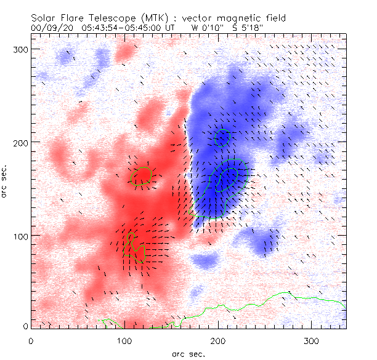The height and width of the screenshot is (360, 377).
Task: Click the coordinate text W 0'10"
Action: [205, 28]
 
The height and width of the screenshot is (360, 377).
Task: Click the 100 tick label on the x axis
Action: [124, 340]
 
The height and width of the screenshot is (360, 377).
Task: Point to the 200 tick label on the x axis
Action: [218, 340]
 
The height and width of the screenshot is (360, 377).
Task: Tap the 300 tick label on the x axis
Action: [312, 340]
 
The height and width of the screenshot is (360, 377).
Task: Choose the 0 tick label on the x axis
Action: [31, 340]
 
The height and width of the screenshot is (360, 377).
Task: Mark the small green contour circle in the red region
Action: [142, 176]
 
